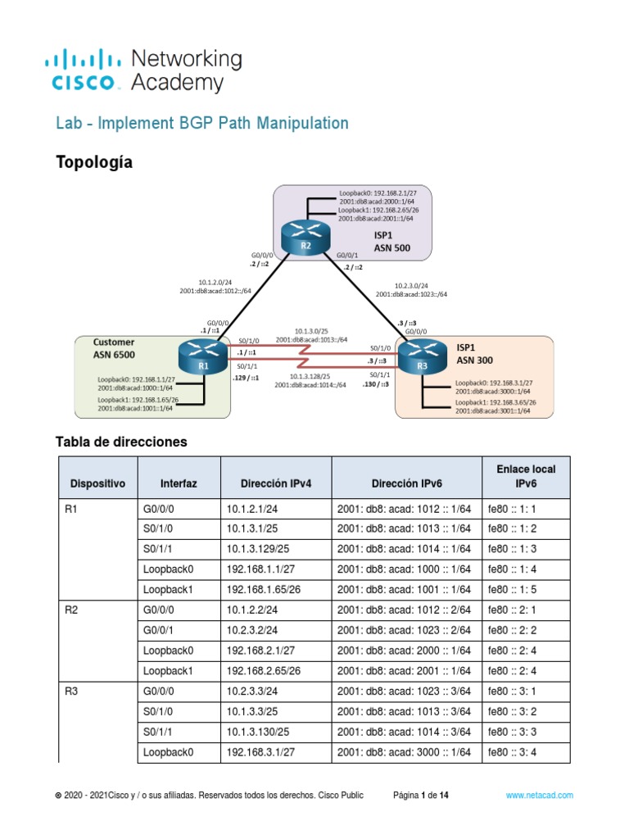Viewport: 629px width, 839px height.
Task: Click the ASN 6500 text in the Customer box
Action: coord(114,355)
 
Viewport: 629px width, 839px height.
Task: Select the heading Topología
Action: coord(93,161)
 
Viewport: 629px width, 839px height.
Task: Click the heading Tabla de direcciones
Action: coord(121,442)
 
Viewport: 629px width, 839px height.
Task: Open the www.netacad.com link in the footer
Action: coord(539,795)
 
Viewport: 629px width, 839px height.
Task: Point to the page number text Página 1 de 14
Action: coord(421,795)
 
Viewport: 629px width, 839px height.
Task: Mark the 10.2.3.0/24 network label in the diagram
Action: coord(411,285)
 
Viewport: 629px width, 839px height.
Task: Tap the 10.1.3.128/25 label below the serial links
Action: coord(310,376)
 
